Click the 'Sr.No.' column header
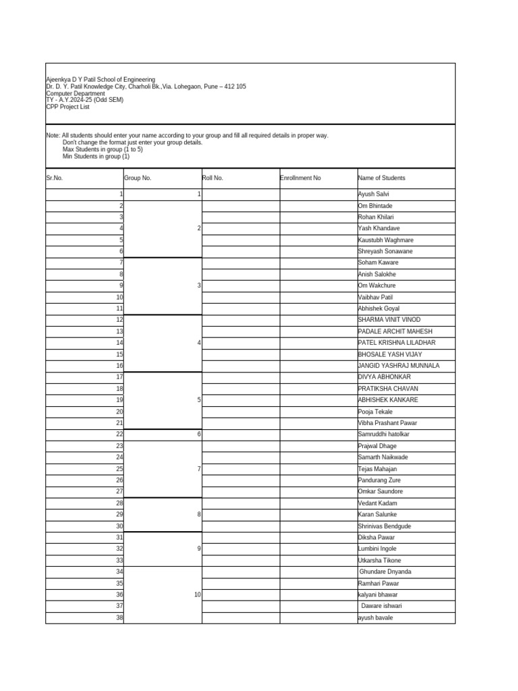(55, 178)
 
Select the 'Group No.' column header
(138, 178)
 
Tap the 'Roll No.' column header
(212, 178)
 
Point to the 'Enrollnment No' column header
(300, 178)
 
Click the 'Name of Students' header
(382, 178)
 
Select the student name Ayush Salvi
(374, 194)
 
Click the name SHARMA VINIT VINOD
(389, 320)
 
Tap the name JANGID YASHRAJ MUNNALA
(399, 366)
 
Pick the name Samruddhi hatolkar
(383, 435)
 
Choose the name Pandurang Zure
(379, 480)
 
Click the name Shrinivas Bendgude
(384, 526)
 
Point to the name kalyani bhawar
(378, 595)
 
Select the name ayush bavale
(375, 618)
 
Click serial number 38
(119, 618)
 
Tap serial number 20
(119, 412)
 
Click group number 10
(197, 595)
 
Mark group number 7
(198, 469)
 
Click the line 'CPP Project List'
(67, 107)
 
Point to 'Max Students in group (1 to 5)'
(103, 149)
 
